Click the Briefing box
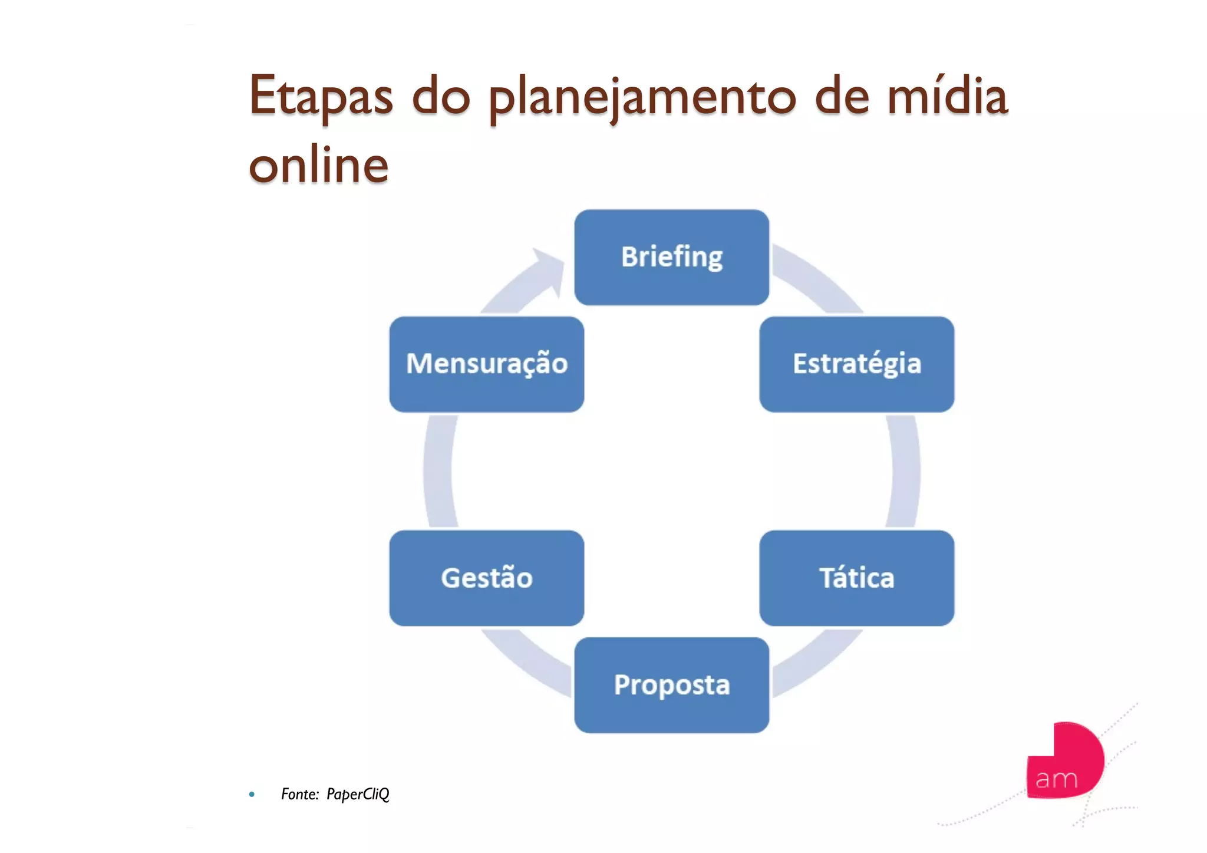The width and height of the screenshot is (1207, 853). [671, 257]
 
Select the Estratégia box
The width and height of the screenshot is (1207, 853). [856, 364]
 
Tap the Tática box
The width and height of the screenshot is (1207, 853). [856, 578]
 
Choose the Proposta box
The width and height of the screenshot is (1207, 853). [671, 684]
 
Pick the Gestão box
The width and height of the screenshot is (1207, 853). [486, 578]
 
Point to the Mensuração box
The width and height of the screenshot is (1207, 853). [486, 364]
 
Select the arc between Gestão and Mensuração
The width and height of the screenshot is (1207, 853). [438, 472]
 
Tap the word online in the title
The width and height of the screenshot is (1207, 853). [319, 165]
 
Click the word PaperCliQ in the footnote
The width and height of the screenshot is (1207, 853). [358, 795]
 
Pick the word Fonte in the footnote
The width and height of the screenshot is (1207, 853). [299, 795]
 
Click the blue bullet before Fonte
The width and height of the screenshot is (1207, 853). [252, 795]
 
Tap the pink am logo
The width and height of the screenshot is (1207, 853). [1064, 762]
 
